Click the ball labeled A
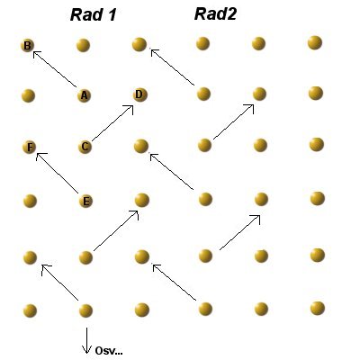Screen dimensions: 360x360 [x=84, y=95]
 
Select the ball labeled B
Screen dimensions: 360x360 [x=27, y=46]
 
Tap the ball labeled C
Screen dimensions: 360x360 [x=85, y=147]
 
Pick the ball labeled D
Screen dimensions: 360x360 [x=139, y=94]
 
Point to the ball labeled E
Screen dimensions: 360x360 [x=85, y=201]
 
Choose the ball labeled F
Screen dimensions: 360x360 [x=30, y=148]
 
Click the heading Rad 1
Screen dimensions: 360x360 [x=93, y=15]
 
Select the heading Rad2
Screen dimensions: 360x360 [x=215, y=14]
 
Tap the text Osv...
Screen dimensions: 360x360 [x=109, y=351]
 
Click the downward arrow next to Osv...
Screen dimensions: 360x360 [x=86, y=340]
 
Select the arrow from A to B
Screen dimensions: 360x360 [x=55, y=69]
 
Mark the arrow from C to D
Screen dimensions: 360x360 [x=112, y=122]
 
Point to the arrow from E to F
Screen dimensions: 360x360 [x=57, y=173]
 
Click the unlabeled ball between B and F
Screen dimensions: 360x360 [x=29, y=96]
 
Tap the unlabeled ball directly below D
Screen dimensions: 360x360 [x=141, y=147]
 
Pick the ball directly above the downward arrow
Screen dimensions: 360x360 [x=85, y=310]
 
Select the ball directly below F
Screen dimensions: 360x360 [x=30, y=201]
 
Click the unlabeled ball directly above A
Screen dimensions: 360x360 [x=83, y=45]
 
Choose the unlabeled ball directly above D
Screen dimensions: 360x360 [x=139, y=44]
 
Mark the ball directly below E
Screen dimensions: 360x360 [x=85, y=257]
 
